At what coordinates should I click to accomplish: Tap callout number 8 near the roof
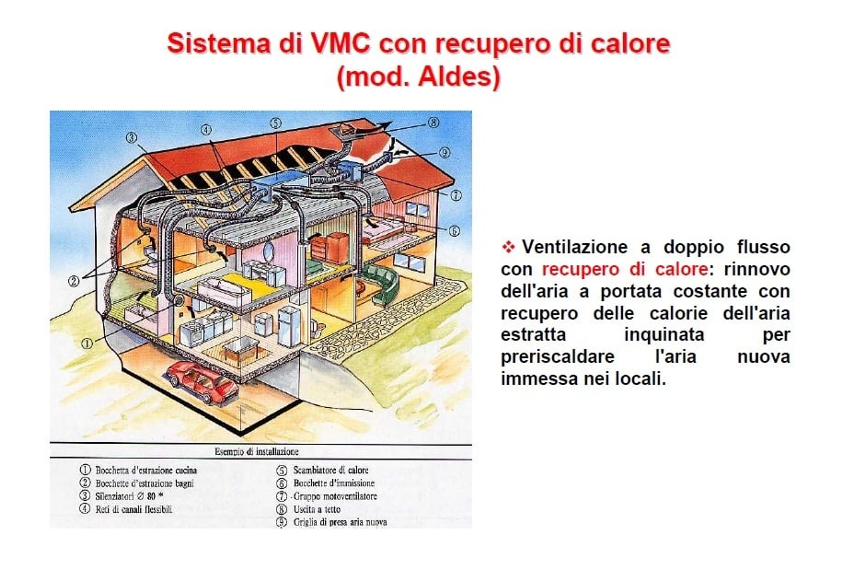(x=434, y=123)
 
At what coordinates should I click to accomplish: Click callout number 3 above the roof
(x=132, y=138)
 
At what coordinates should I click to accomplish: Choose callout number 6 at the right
(x=454, y=231)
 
